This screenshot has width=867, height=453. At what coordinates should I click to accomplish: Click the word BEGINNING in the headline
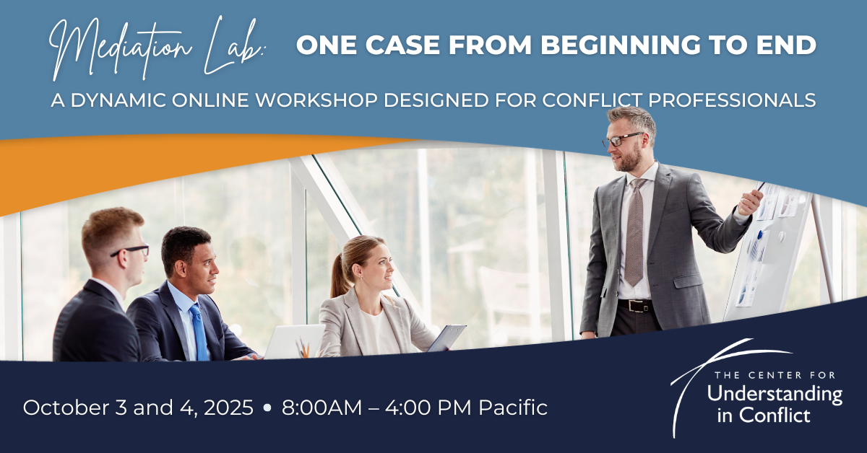pos(621,45)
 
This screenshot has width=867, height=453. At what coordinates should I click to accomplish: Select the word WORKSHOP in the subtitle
pos(316,100)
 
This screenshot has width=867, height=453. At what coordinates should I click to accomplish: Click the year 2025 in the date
pos(228,408)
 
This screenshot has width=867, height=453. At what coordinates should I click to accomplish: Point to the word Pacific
pos(513,408)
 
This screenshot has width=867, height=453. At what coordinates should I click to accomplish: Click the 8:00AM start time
pos(322,408)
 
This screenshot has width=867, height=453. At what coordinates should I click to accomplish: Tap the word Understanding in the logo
pos(775,395)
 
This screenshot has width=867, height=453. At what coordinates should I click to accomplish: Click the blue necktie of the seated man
pos(199,332)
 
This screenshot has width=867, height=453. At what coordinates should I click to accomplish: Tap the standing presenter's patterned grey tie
pos(634,232)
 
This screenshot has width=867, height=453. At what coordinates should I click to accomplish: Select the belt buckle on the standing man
pos(636,306)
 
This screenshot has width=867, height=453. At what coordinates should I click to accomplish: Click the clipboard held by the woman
pos(447,338)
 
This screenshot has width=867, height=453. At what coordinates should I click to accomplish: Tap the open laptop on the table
pos(294,341)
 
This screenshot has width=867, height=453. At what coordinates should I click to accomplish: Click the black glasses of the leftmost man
pos(131,250)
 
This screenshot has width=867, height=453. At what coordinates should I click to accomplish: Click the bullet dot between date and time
pos(267,408)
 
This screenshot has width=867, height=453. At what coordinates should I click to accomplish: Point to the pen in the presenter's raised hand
pos(760,187)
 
